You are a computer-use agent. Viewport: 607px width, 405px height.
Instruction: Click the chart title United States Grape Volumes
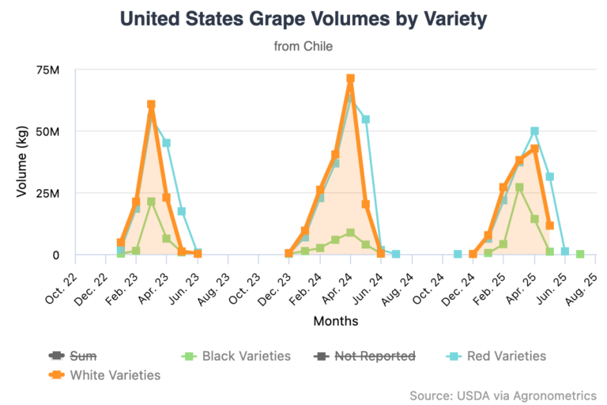(x=303, y=20)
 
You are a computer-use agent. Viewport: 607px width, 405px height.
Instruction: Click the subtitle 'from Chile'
(x=303, y=47)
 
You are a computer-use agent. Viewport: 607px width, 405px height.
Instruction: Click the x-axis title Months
(x=335, y=321)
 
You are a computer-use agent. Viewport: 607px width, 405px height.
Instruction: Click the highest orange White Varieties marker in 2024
(x=350, y=79)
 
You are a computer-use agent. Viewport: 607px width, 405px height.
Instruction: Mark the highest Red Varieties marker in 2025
(x=534, y=131)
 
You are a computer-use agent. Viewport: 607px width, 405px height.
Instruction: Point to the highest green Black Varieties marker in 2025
(x=519, y=187)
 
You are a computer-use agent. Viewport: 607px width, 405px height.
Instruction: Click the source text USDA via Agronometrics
(x=503, y=395)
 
